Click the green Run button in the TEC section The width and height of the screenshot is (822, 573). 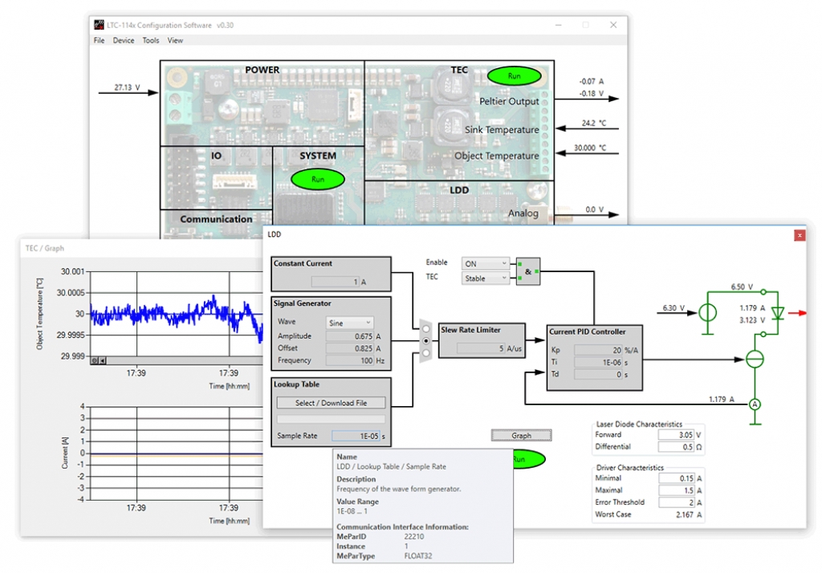click(514, 76)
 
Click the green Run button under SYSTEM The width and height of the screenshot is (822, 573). click(317, 179)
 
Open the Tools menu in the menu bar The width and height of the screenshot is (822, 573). click(151, 40)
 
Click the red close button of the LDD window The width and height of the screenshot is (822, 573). click(799, 235)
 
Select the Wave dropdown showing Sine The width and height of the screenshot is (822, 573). click(349, 323)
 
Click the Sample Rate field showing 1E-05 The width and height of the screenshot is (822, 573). click(356, 436)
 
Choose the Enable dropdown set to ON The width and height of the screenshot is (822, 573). click(486, 263)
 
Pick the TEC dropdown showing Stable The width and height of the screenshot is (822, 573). click(486, 278)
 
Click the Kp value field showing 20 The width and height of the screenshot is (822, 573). click(598, 350)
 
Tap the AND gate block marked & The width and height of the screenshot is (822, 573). click(529, 271)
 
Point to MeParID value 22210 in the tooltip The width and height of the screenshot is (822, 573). click(415, 537)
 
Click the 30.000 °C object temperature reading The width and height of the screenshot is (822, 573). click(590, 148)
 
